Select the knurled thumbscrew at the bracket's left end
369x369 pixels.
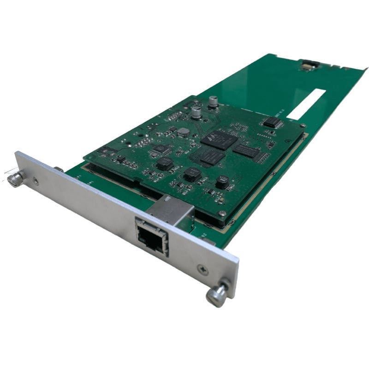16,179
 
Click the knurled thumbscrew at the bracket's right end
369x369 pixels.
217,293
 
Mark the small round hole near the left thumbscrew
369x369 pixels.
36,182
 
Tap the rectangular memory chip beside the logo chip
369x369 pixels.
245,150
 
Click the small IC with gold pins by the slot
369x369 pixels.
273,122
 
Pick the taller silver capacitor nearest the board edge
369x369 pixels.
213,102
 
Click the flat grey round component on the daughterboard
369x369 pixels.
184,132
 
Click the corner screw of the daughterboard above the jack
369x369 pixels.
222,213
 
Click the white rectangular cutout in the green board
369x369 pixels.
307,104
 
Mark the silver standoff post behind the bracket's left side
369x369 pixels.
59,169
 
